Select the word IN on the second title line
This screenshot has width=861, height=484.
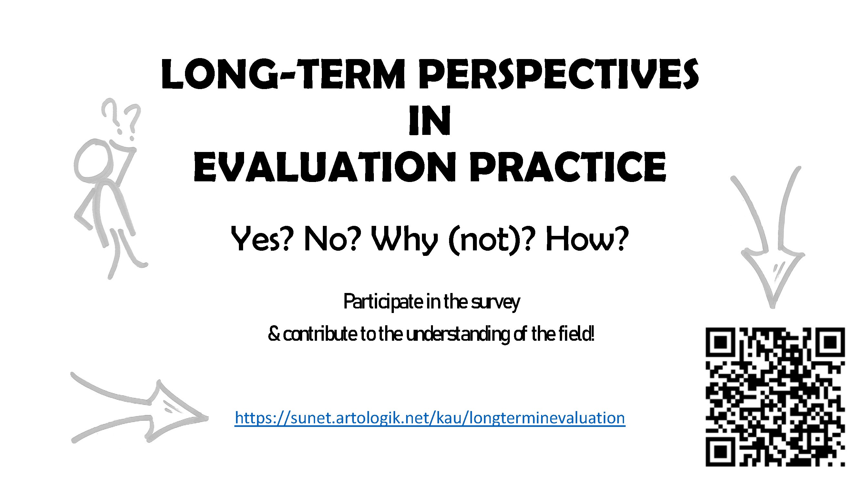(430, 121)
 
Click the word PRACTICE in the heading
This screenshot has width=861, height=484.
(568, 167)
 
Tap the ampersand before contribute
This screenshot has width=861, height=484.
(274, 335)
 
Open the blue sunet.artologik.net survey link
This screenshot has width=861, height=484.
(430, 418)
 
